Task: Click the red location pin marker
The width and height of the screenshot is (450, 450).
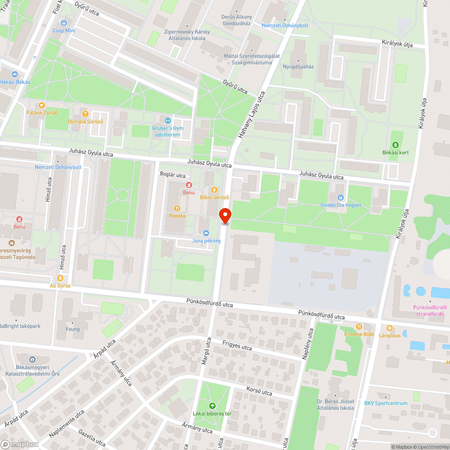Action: click(225, 216)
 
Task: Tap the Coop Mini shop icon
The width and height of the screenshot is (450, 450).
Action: click(63, 22)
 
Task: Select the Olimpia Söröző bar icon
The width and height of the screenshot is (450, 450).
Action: click(85, 113)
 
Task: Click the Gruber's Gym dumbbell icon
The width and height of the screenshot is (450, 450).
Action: click(167, 120)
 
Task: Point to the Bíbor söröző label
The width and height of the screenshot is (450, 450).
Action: click(215, 197)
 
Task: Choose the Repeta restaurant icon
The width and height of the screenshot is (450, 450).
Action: click(177, 208)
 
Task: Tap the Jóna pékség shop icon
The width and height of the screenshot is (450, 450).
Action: click(206, 233)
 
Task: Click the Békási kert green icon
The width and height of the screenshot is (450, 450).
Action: click(396, 144)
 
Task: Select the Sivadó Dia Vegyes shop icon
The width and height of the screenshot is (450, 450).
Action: click(341, 197)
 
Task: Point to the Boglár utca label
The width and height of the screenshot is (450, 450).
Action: click(173, 175)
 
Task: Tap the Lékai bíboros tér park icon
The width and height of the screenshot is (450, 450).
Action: click(212, 405)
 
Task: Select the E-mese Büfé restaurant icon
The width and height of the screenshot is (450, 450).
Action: click(359, 327)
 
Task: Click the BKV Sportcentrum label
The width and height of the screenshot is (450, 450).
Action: click(386, 403)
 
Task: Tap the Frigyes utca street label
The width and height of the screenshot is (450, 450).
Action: click(237, 345)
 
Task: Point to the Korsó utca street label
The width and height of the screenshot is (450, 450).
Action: click(260, 391)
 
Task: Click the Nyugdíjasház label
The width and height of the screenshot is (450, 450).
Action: click(298, 67)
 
